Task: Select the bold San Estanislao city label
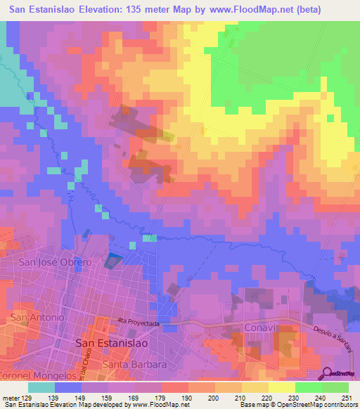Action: pos(111,343)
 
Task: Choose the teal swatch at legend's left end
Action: pos(41,387)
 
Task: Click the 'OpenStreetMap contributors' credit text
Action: pos(307,405)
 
